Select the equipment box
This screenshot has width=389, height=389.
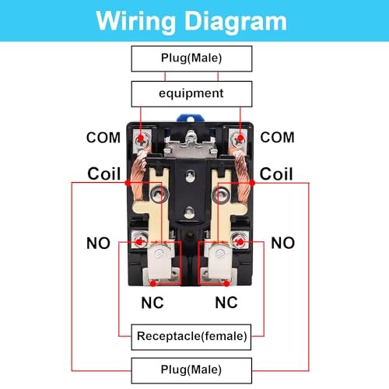tap(191, 93)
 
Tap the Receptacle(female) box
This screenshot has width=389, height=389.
tap(191, 336)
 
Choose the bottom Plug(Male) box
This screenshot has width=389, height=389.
tap(191, 369)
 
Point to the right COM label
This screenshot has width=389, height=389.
tap(278, 137)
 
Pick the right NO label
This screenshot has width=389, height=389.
tap(282, 244)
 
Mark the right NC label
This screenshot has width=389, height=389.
tap(226, 301)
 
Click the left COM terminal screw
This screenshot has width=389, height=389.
tap(141, 139)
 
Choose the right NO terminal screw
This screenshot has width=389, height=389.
tap(240, 242)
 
